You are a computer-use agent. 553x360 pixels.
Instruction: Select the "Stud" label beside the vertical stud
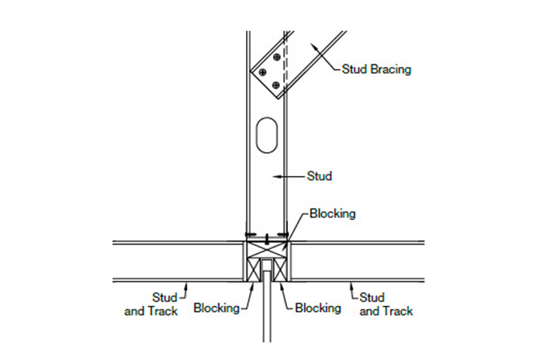[x=320, y=175]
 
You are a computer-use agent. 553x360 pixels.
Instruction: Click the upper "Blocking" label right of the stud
[x=332, y=214]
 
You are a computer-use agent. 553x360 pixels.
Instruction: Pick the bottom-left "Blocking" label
[x=217, y=308]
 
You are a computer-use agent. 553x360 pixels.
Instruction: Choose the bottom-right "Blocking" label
[x=318, y=308]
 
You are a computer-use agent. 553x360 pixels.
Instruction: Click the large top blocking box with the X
[x=266, y=249]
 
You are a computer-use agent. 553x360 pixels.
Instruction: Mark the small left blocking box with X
[x=253, y=271]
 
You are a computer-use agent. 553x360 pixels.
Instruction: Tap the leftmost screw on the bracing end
[x=264, y=72]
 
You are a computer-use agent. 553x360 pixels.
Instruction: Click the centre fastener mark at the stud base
[x=266, y=237]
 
